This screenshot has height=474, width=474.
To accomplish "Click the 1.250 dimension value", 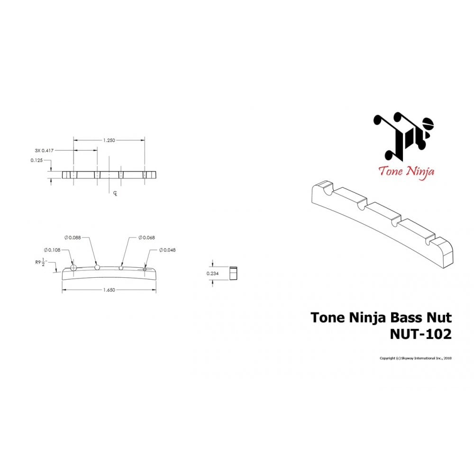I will pyautogui.click(x=109, y=140).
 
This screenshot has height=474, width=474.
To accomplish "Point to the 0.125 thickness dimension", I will pyautogui.click(x=37, y=160).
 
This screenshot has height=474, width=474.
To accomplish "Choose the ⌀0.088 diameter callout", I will pyautogui.click(x=73, y=237).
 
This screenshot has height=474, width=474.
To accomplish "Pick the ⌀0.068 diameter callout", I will pyautogui.click(x=146, y=237).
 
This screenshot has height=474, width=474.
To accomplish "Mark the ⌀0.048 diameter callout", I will pyautogui.click(x=167, y=250).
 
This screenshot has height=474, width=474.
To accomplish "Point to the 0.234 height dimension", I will pyautogui.click(x=213, y=273).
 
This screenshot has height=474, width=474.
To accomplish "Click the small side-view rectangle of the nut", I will pyautogui.click(x=233, y=273).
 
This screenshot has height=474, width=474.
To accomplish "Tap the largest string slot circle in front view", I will pyautogui.click(x=73, y=268).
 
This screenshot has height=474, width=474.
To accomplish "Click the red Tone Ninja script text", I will pyautogui.click(x=406, y=171).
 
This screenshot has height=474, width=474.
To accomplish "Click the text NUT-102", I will pyautogui.click(x=420, y=334).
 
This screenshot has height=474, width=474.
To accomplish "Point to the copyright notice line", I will pyautogui.click(x=415, y=358).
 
